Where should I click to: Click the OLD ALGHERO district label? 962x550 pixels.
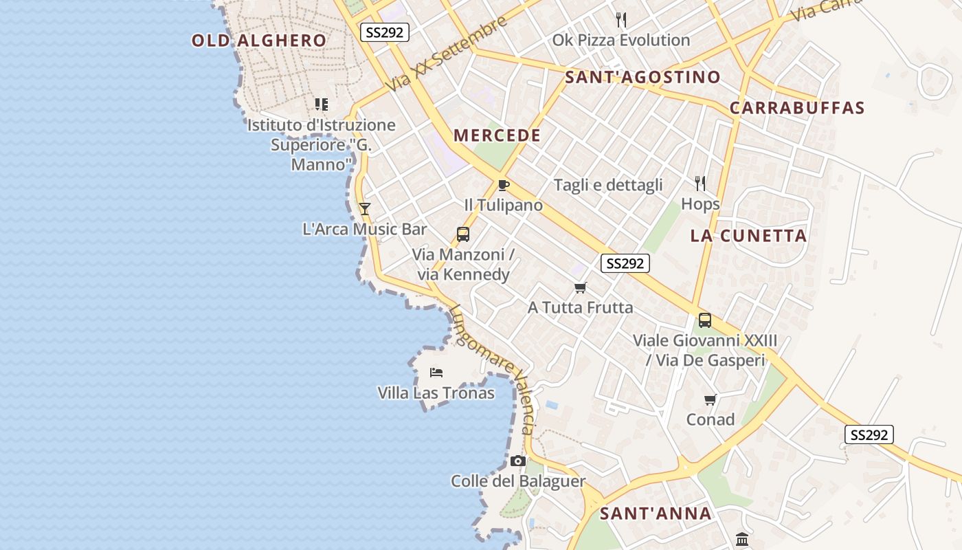click(259, 41)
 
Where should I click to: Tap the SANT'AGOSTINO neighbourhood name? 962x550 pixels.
click(642, 77)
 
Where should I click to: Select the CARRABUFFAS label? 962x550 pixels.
click(797, 108)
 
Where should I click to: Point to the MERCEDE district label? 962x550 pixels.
click(497, 135)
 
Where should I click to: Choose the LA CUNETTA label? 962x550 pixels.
click(748, 236)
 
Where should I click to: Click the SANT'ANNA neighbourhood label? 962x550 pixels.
click(656, 514)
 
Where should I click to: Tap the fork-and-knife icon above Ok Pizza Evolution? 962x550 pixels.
click(621, 19)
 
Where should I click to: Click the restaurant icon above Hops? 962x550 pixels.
click(700, 183)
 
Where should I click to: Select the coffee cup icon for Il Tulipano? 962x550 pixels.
click(504, 185)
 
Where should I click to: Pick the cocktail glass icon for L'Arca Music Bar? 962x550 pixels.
click(365, 209)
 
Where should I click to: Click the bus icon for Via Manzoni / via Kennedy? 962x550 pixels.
click(463, 234)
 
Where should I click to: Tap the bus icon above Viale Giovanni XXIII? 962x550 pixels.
click(705, 320)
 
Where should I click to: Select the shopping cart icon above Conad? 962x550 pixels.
click(711, 399)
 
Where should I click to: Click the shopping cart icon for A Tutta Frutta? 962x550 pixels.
click(581, 287)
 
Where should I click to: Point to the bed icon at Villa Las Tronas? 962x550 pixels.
click(436, 373)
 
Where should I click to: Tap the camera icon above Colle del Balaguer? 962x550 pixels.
click(518, 461)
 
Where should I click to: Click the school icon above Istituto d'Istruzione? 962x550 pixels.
click(322, 104)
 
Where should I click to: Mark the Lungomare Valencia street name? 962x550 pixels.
click(492, 368)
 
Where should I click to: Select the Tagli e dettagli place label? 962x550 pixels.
click(608, 185)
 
